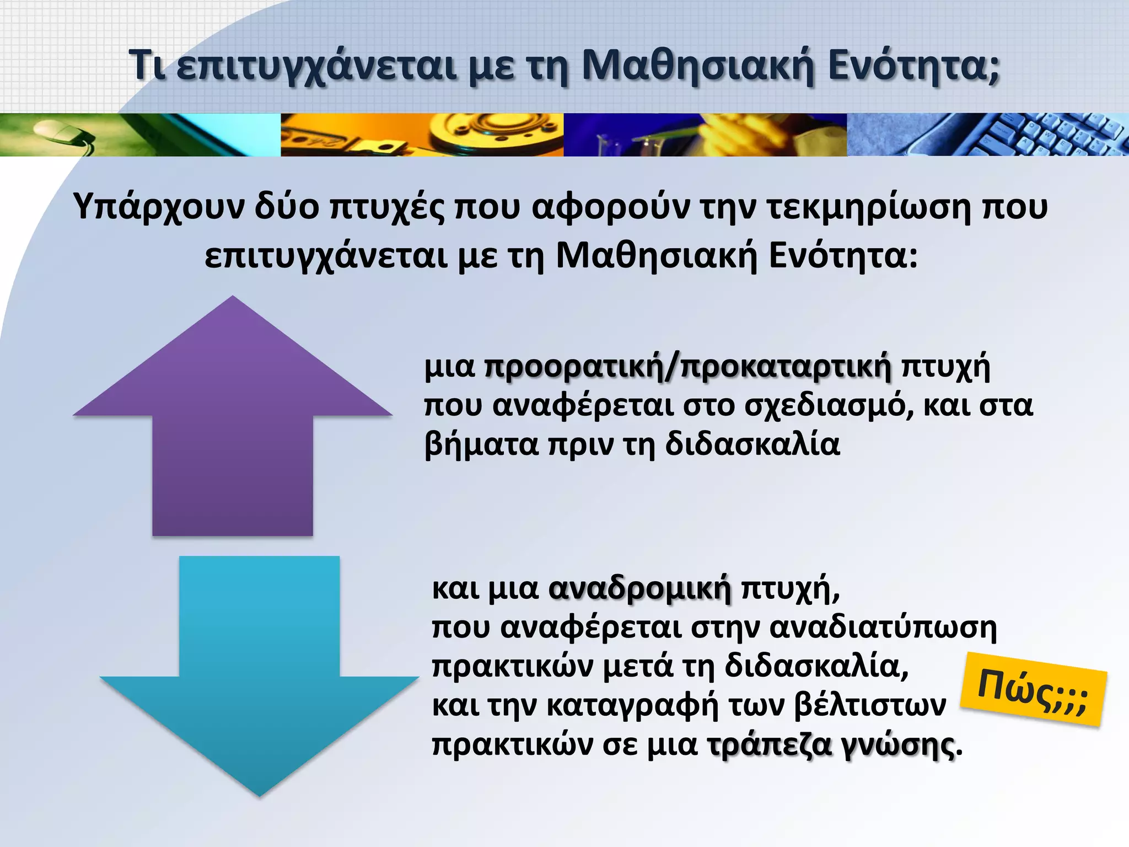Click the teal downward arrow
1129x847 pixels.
click(259, 678)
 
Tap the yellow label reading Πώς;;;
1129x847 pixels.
click(1033, 696)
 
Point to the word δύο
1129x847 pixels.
click(287, 207)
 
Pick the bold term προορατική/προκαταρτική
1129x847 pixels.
click(687, 367)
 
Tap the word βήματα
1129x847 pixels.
click(481, 444)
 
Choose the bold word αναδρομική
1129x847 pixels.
click(640, 589)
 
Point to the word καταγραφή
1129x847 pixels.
click(632, 706)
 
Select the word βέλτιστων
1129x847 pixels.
click(870, 706)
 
